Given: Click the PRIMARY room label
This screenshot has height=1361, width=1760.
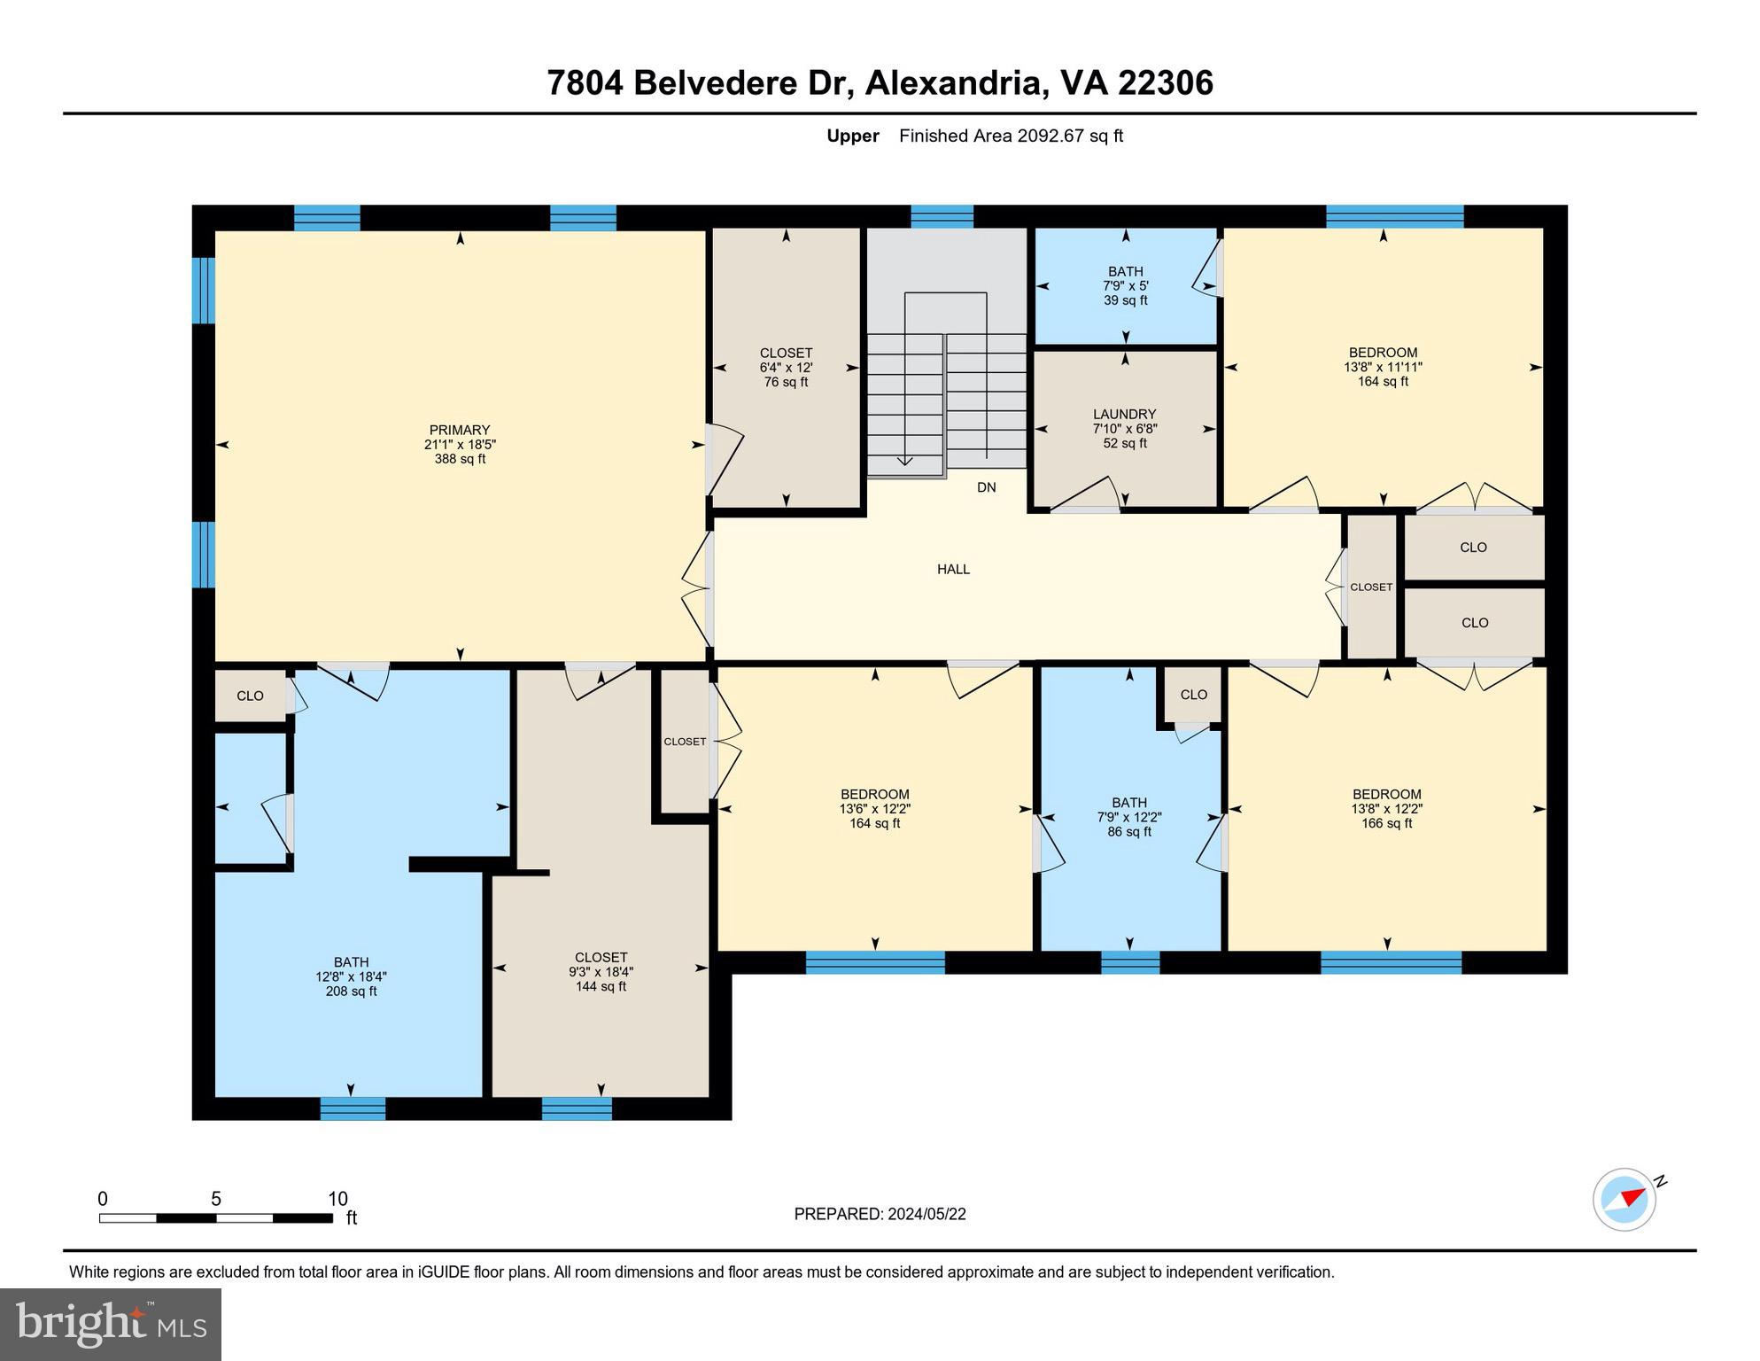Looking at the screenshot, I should tap(459, 430).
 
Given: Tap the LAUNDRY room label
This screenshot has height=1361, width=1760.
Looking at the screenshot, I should tap(1124, 414).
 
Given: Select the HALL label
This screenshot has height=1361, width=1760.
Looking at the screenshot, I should tap(953, 569).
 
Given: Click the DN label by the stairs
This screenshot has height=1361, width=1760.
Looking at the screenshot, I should tap(986, 487).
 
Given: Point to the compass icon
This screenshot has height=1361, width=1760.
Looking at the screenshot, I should tap(1624, 1200).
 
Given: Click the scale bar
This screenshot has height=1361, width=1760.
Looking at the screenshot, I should tap(215, 1218).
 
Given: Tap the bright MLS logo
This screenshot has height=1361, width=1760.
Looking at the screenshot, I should tap(111, 1324).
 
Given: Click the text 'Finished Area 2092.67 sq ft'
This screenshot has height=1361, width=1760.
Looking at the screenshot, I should tap(1011, 136).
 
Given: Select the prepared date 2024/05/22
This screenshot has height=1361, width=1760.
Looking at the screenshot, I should tap(880, 1214).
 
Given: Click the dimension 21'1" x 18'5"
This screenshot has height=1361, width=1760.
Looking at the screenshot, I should tap(459, 445).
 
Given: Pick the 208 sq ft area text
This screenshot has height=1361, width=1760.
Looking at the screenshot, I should tap(351, 992).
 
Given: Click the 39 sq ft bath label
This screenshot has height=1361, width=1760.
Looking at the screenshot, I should tap(1125, 300).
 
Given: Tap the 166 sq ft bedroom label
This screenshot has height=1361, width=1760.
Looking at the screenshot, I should tap(1386, 823).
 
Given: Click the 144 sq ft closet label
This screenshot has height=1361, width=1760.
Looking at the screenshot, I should tap(601, 986).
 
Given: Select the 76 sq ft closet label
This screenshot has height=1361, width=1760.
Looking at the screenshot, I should tap(786, 382).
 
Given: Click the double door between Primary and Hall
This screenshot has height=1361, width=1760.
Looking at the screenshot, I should tap(699, 589).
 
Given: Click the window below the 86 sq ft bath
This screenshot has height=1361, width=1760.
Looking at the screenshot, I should tap(1129, 962).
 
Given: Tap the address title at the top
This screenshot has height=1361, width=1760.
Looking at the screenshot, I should tap(880, 82).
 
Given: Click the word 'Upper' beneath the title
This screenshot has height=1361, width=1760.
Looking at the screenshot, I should tap(852, 136).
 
